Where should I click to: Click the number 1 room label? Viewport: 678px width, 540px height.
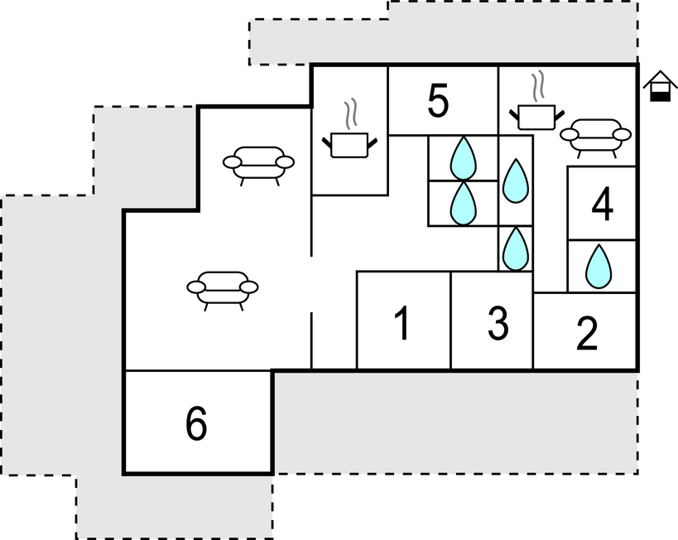pos(402,323)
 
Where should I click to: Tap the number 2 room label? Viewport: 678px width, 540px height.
pos(587,333)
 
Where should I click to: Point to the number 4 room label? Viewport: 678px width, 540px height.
pos(603,205)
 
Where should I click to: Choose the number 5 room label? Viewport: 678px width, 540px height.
pos(438,101)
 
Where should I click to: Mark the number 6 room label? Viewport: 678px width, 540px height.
pos(196,424)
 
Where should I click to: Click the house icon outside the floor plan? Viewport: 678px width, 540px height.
pos(661,85)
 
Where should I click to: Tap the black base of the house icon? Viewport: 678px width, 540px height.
pos(661,97)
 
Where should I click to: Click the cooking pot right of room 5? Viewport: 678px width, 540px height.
pos(536,118)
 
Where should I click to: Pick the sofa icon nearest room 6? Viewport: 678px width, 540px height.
pos(223,287)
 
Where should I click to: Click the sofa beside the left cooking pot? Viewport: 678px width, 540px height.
pos(258,162)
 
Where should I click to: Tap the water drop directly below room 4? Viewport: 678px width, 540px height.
pos(599,267)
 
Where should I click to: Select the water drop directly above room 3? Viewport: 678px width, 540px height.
pos(516,248)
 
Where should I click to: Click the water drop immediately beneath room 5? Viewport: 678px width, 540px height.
pos(463,157)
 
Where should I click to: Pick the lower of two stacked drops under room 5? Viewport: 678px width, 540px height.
pos(463,204)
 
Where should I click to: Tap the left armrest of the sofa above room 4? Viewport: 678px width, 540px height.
pos(569,134)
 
